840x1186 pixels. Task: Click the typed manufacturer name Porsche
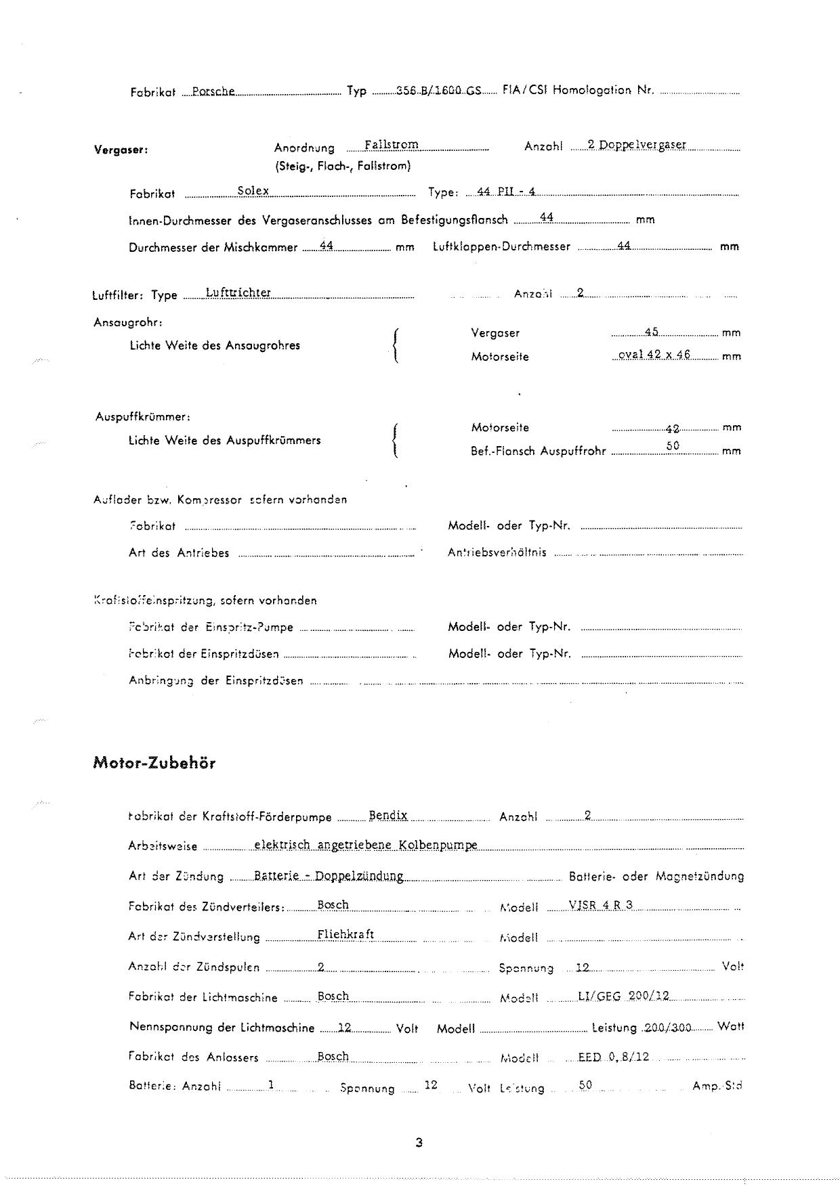(213, 90)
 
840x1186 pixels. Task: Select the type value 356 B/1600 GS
(438, 90)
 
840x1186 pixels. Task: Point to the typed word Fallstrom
(391, 145)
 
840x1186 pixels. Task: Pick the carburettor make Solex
(253, 191)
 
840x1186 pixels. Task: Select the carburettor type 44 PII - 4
(506, 192)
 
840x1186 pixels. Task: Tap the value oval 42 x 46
(654, 355)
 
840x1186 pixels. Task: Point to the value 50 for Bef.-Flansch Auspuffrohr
(673, 446)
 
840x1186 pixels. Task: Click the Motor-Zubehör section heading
(154, 763)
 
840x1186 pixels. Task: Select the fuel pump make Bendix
(388, 816)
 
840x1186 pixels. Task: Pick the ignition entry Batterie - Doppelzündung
(329, 875)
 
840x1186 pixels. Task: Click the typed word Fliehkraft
(345, 935)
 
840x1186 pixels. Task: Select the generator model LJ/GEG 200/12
(623, 996)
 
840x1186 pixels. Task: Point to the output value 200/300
(668, 1027)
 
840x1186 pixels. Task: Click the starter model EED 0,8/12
(613, 1057)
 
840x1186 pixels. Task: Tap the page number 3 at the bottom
(419, 1143)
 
